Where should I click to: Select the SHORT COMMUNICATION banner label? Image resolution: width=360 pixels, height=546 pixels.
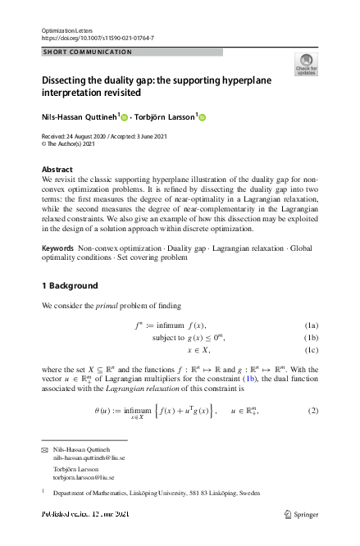coord(87,52)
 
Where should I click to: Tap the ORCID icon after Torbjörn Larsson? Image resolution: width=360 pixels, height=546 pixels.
coord(203,117)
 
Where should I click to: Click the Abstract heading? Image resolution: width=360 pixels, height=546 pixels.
coord(57,170)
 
